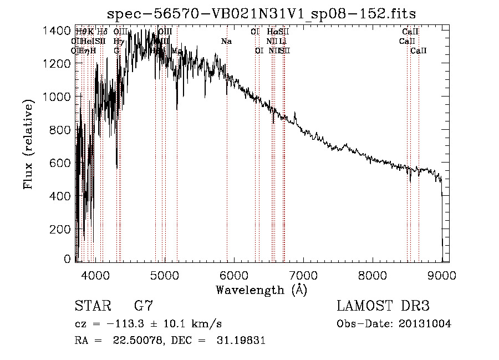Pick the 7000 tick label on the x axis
pos(303,275)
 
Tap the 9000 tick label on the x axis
pos(442,275)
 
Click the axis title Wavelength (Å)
pos(261,290)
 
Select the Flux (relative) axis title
pos(29,144)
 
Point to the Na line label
pos(226,42)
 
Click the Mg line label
pos(177,50)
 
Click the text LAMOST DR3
pos(383,306)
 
